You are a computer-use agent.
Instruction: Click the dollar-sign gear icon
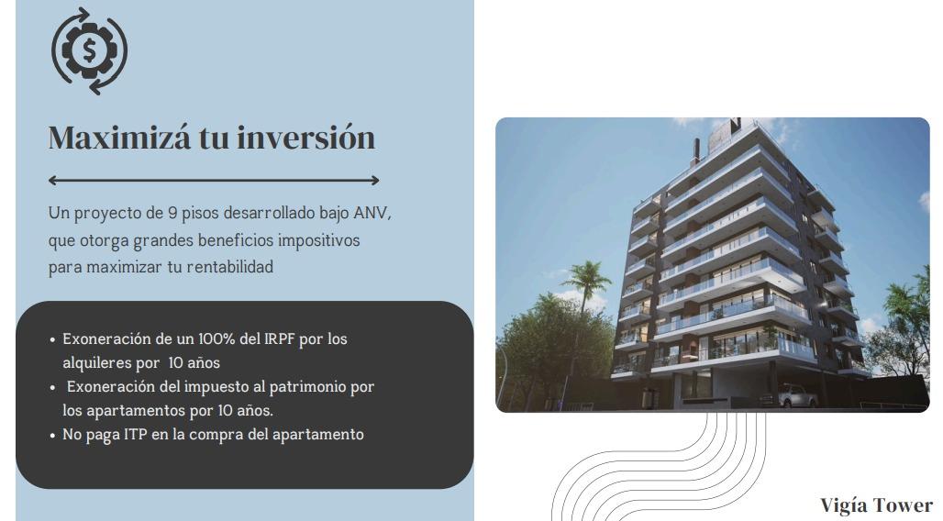(x=89, y=51)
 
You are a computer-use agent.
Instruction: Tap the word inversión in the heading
(x=306, y=138)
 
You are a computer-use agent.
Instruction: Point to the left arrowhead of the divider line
(x=52, y=180)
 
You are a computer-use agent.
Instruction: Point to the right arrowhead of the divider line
(x=375, y=180)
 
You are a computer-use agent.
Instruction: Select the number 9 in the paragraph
(x=172, y=213)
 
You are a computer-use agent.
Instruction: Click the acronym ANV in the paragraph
(x=372, y=213)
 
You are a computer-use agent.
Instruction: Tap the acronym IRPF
(x=280, y=338)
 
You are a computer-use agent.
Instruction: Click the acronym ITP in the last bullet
(x=136, y=435)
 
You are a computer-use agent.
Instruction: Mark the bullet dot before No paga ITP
(x=52, y=436)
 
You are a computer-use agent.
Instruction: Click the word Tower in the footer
(x=902, y=505)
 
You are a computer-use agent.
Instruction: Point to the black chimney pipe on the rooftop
(x=697, y=150)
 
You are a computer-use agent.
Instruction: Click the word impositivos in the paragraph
(x=318, y=240)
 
